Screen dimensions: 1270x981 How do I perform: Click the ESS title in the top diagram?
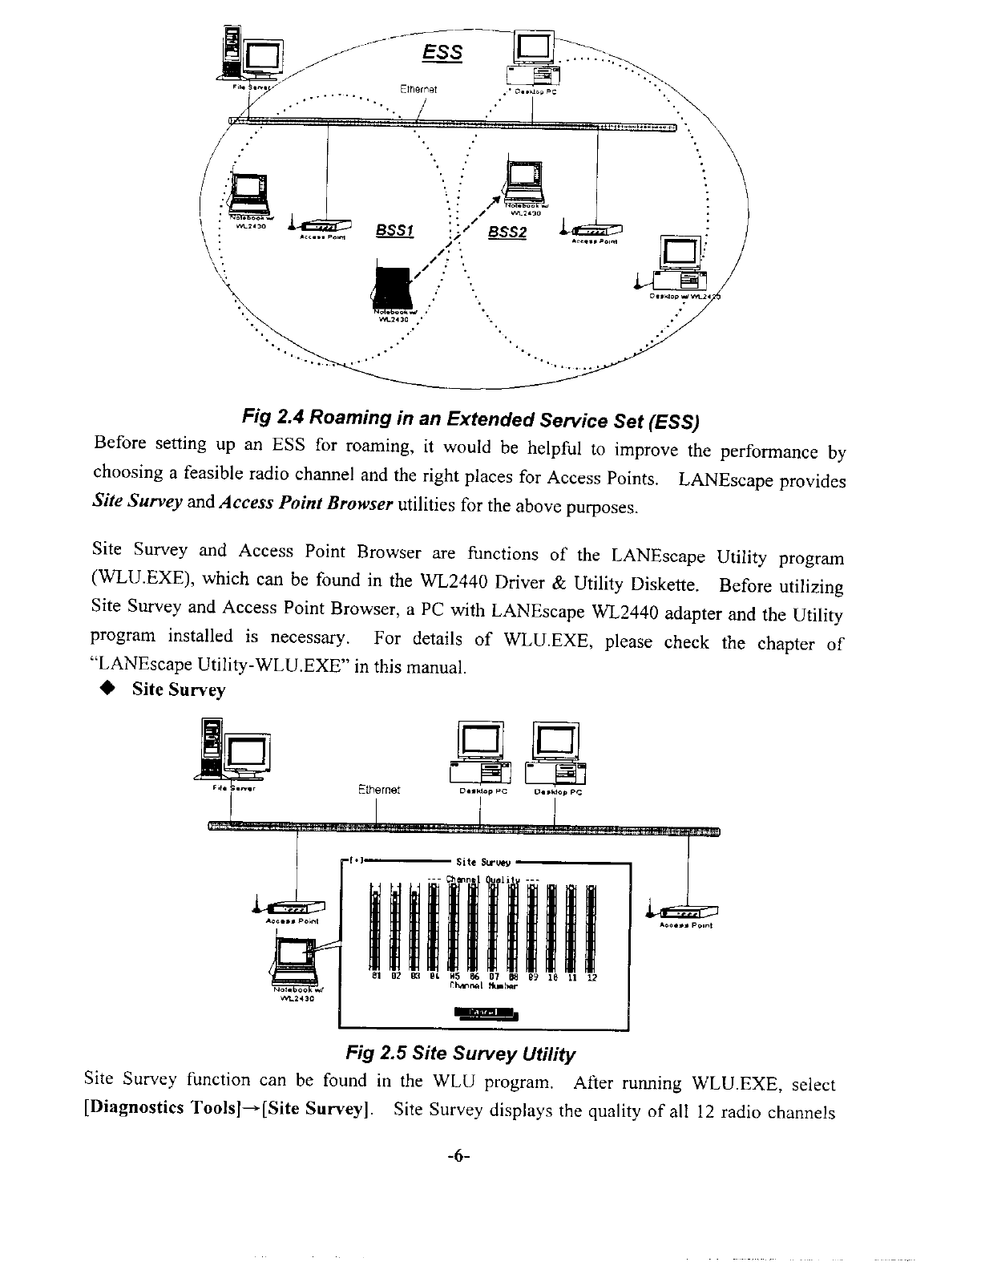tap(442, 53)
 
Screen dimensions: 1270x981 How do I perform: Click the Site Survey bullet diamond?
tap(104, 690)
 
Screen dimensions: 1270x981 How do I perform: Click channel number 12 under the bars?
tap(591, 978)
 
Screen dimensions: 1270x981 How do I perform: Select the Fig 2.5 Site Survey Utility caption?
tap(460, 1053)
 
